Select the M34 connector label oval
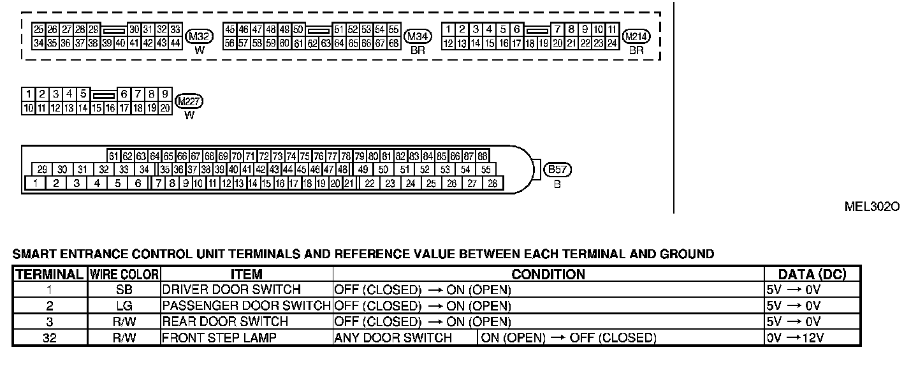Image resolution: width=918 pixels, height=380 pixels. click(418, 37)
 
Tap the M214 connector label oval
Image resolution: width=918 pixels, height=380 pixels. click(636, 37)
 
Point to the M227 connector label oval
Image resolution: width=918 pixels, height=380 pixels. click(189, 102)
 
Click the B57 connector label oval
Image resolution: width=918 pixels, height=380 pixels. click(557, 170)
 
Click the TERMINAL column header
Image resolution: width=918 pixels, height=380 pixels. click(49, 275)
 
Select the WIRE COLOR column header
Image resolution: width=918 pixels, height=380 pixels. click(124, 275)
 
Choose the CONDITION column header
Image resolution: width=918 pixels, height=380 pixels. click(548, 275)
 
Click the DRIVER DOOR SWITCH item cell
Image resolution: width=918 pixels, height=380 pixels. click(231, 289)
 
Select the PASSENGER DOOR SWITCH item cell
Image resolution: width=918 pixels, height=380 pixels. click(246, 305)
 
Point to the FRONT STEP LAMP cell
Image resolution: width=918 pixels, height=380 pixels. click(219, 337)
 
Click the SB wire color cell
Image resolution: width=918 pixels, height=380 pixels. click(124, 289)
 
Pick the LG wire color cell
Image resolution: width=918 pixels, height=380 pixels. click(124, 305)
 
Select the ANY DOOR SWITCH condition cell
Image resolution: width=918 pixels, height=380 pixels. click(393, 337)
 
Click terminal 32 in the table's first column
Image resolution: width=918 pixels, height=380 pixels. click(49, 337)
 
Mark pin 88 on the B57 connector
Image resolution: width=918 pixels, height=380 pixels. click(483, 156)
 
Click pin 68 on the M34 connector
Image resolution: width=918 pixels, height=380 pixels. click(394, 43)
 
